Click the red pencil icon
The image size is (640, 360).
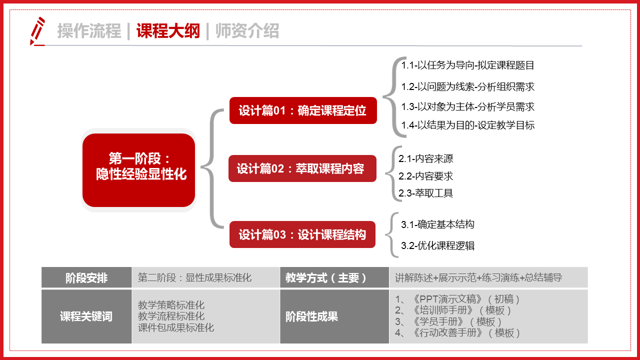[x=37, y=31]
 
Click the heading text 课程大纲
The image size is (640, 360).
[x=168, y=31]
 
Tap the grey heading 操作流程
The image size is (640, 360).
[x=89, y=31]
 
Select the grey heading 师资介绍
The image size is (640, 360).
[x=247, y=31]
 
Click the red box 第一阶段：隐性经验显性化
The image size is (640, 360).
[x=138, y=166]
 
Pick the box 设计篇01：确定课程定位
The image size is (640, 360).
[x=302, y=110]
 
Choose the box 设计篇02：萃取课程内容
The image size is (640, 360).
[x=301, y=168]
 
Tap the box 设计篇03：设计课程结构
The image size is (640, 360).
[x=302, y=234]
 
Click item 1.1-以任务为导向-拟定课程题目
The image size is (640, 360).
[x=468, y=65]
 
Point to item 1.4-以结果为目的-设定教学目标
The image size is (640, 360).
[x=468, y=125]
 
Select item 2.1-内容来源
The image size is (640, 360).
[x=426, y=159]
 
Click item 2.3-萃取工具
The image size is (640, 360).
[x=426, y=193]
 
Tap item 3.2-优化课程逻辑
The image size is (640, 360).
[x=438, y=245]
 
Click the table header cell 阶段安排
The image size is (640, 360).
[x=86, y=278]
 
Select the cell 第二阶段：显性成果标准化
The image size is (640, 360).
[x=194, y=278]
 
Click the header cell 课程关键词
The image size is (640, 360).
[x=86, y=316]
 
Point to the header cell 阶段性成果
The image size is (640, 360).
[x=312, y=316]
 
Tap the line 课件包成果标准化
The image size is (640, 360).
[x=176, y=328]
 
